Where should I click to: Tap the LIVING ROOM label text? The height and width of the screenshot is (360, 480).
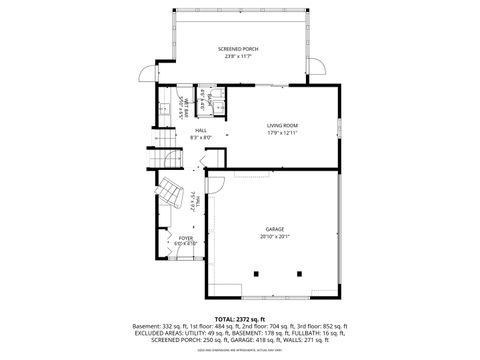pos(282,125)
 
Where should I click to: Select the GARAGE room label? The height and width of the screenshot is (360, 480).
pos(274,229)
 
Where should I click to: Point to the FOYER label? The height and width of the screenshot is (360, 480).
pos(186,237)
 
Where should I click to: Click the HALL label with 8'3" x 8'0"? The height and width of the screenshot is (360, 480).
pos(201,130)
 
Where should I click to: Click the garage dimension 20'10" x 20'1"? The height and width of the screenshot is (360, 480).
pos(274,237)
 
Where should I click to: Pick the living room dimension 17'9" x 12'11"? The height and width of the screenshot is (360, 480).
pos(282,133)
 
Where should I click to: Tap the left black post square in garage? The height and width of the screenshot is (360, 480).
pos(258,272)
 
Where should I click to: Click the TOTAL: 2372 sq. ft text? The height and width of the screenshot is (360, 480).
pos(239,318)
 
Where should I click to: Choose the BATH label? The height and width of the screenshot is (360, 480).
pos(203,101)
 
